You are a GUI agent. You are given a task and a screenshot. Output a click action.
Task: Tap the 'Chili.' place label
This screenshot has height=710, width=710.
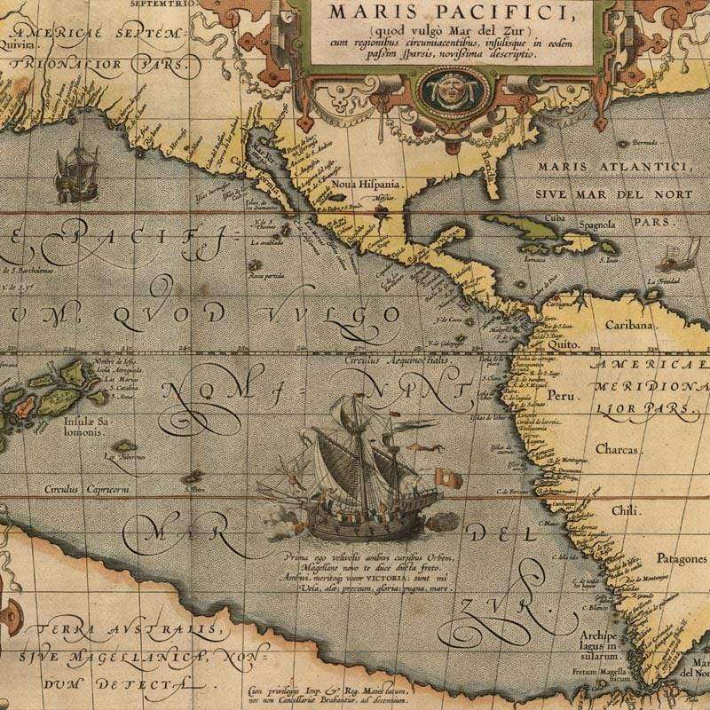[x=626, y=510]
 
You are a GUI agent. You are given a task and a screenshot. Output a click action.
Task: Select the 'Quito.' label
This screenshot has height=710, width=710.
[x=564, y=343]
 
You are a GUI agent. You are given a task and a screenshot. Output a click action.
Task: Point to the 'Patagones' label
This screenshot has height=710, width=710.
[x=681, y=559]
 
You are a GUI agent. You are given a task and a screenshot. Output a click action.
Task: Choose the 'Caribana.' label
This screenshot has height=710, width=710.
[x=629, y=325]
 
